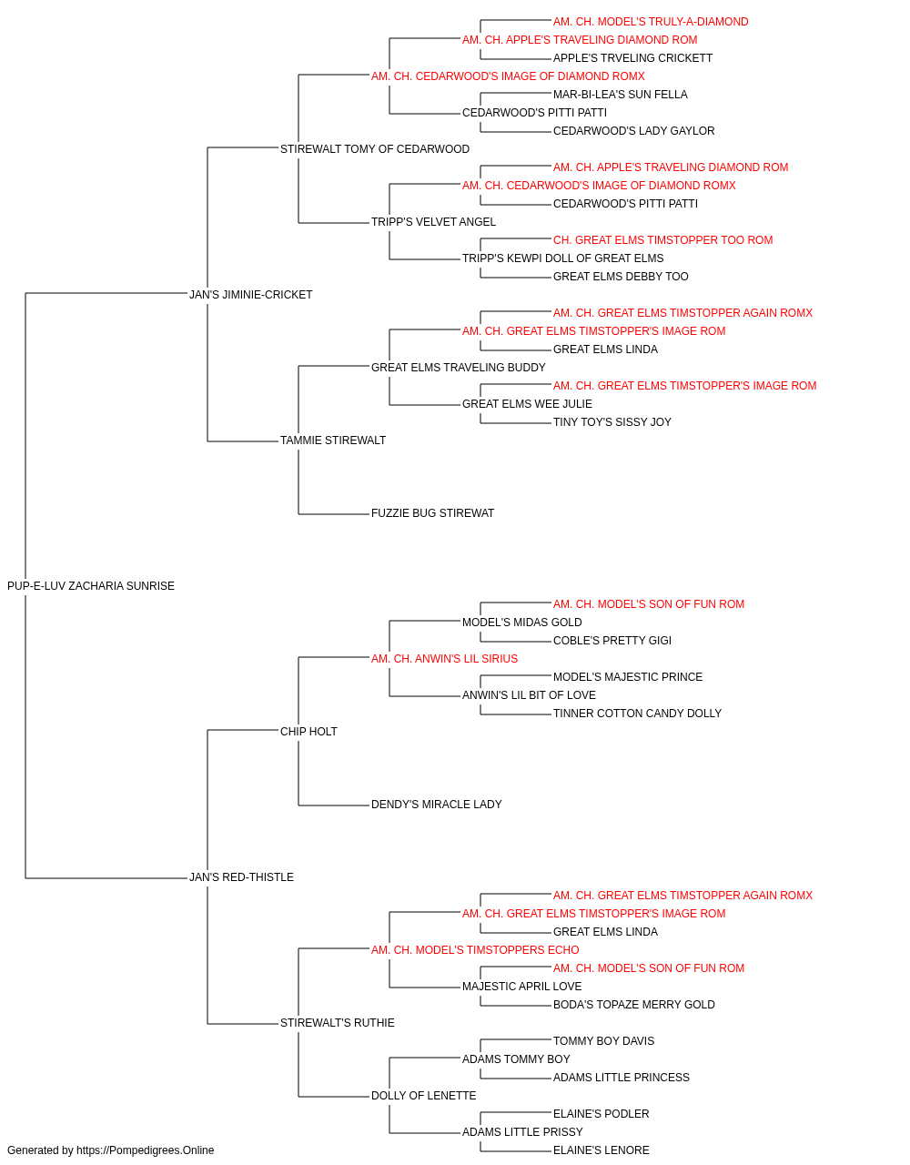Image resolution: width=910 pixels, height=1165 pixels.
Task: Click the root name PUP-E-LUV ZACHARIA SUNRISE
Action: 91,586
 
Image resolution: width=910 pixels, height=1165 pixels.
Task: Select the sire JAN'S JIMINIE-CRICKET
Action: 250,294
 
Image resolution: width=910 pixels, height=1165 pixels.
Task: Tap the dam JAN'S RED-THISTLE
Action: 241,877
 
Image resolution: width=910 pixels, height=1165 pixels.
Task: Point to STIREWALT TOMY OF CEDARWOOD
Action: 375,149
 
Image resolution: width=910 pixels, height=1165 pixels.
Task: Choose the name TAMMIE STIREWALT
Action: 333,441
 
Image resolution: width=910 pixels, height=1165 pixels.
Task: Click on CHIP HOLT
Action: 308,731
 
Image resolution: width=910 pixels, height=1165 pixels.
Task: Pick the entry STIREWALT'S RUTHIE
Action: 337,1023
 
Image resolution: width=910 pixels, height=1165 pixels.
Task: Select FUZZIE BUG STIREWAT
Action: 432,513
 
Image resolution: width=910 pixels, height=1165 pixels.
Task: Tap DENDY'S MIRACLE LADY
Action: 436,805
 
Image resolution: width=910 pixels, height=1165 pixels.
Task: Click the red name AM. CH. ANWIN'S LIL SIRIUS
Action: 444,658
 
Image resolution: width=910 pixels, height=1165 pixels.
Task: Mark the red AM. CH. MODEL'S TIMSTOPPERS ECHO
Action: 475,950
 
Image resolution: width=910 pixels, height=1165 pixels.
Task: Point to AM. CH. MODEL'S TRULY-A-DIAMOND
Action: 651,22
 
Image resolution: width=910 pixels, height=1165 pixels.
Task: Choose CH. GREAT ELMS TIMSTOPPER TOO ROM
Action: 663,239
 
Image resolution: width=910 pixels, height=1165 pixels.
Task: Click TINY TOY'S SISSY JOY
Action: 612,422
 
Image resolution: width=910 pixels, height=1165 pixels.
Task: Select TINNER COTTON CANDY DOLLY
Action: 637,713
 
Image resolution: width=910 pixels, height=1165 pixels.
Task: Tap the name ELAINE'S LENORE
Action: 601,1150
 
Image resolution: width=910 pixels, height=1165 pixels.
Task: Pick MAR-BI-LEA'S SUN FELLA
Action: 620,95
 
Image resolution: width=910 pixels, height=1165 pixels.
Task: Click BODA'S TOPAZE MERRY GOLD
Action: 634,1005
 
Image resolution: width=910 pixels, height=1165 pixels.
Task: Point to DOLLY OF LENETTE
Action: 423,1095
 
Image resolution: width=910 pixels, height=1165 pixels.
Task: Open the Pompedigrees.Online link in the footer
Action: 145,1150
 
